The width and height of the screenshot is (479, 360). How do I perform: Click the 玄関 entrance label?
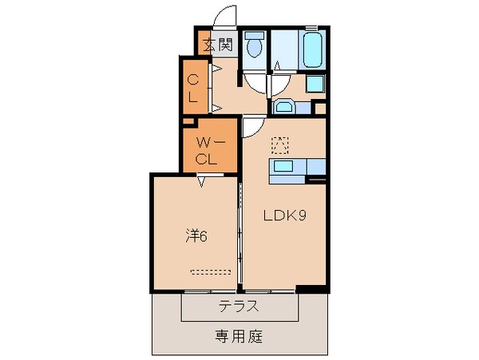(217, 45)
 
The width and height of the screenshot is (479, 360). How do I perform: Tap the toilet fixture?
(255, 45)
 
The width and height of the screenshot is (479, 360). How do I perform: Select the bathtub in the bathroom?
(312, 49)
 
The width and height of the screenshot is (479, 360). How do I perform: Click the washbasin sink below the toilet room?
(285, 105)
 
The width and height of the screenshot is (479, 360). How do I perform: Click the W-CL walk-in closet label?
(208, 151)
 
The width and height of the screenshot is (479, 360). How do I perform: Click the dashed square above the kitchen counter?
(279, 144)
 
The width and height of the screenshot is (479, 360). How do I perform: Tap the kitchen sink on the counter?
(286, 167)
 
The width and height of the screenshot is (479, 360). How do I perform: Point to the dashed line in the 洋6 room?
(209, 271)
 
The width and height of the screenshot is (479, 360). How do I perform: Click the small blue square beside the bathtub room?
(315, 83)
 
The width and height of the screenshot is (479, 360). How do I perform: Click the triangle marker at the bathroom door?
(277, 65)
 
